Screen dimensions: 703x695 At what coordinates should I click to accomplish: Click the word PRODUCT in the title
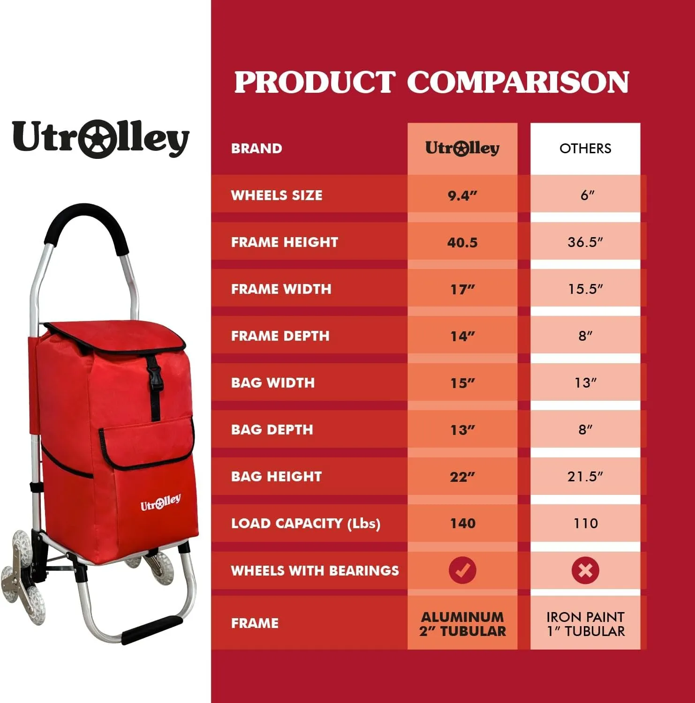[315, 82]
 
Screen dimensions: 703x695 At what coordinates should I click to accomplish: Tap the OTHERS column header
[585, 149]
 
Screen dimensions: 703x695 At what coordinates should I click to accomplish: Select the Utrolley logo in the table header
[462, 149]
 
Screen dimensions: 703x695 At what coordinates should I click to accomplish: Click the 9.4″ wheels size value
[462, 195]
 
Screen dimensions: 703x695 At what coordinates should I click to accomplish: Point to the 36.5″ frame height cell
[585, 242]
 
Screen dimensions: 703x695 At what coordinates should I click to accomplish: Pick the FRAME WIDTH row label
[281, 289]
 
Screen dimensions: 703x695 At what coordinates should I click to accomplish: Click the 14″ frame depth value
[462, 336]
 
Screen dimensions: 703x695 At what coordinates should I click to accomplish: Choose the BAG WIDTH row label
[272, 383]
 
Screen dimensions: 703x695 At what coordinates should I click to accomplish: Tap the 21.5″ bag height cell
[585, 477]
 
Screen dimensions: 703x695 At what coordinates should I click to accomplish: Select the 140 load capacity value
[462, 524]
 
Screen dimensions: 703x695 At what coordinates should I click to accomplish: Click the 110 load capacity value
[585, 524]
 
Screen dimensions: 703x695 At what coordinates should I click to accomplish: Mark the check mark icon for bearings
[462, 570]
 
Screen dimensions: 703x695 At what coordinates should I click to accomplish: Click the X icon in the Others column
[585, 570]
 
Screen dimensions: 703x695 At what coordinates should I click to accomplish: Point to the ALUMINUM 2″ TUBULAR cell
[462, 624]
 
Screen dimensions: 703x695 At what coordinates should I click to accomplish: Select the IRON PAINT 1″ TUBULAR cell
[585, 624]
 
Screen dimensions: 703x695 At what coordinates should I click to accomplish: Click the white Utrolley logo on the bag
[160, 503]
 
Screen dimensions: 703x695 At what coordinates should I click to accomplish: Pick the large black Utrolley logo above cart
[100, 138]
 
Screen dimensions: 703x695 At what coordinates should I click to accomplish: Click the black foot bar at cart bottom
[152, 629]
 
